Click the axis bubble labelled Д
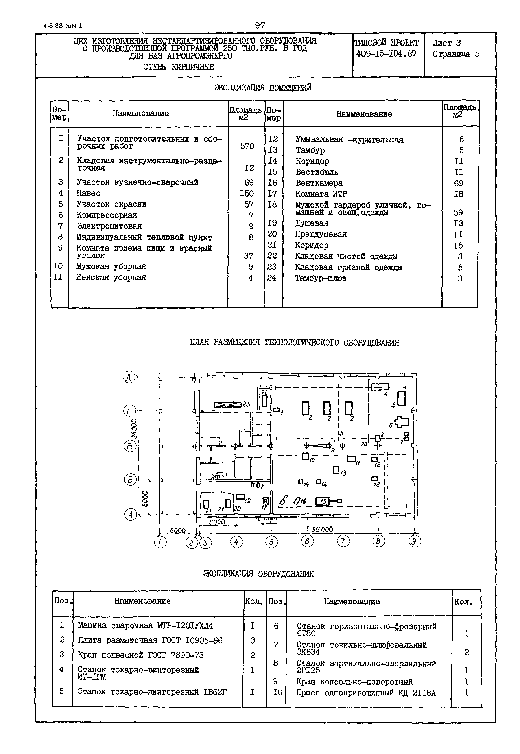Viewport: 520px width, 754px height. click(129, 377)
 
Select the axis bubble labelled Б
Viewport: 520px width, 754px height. click(130, 480)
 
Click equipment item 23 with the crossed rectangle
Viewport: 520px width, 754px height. click(227, 405)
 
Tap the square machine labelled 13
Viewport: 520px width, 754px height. click(336, 470)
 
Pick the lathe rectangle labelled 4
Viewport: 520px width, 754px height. click(380, 387)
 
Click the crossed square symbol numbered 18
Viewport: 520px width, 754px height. click(266, 502)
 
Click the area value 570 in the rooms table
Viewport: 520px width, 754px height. click(247, 146)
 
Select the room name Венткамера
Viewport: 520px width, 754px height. click(319, 183)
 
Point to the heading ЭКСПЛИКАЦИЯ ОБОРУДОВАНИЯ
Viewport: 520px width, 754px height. click(258, 574)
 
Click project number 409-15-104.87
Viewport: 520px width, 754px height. click(386, 54)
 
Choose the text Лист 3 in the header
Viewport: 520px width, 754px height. click(446, 43)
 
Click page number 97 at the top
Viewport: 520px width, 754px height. click(260, 25)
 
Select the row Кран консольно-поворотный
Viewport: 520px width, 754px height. click(354, 682)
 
